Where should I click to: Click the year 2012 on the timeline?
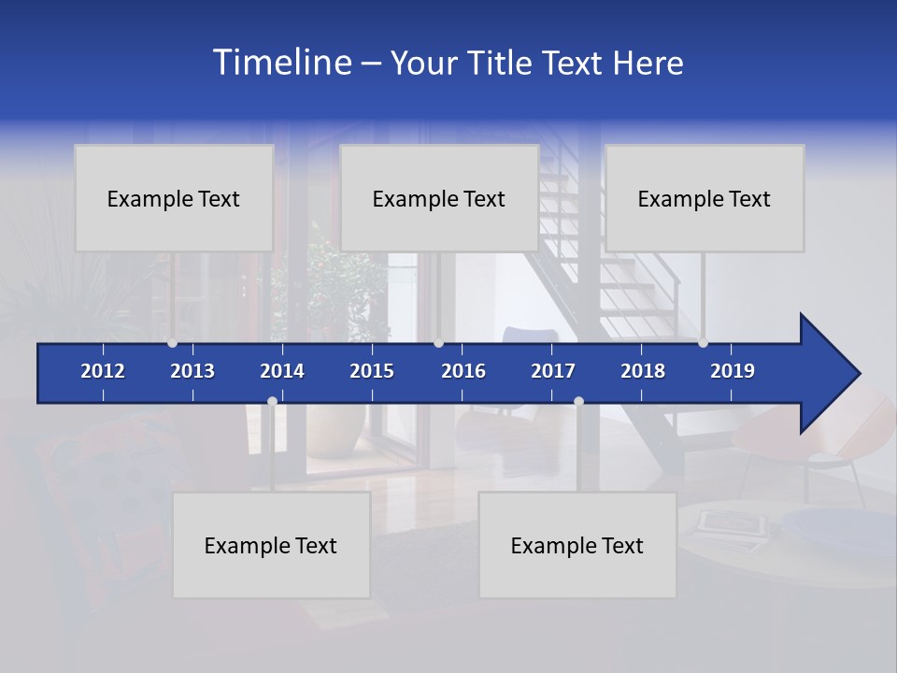(103, 371)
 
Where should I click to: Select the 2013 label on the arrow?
(192, 371)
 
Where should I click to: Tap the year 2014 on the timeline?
(282, 371)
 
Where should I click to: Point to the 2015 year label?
(372, 371)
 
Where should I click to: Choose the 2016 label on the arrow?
(463, 371)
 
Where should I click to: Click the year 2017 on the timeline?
(553, 371)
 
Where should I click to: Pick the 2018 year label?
(643, 371)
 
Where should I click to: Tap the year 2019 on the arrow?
(733, 371)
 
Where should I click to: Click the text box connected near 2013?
(174, 198)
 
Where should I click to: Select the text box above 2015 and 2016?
(439, 198)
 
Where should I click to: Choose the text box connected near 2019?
(705, 198)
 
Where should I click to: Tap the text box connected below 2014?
(271, 545)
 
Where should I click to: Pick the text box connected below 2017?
(577, 545)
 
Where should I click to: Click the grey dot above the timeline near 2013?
(172, 342)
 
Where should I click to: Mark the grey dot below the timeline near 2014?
(272, 402)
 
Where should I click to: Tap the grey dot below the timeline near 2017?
(578, 402)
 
